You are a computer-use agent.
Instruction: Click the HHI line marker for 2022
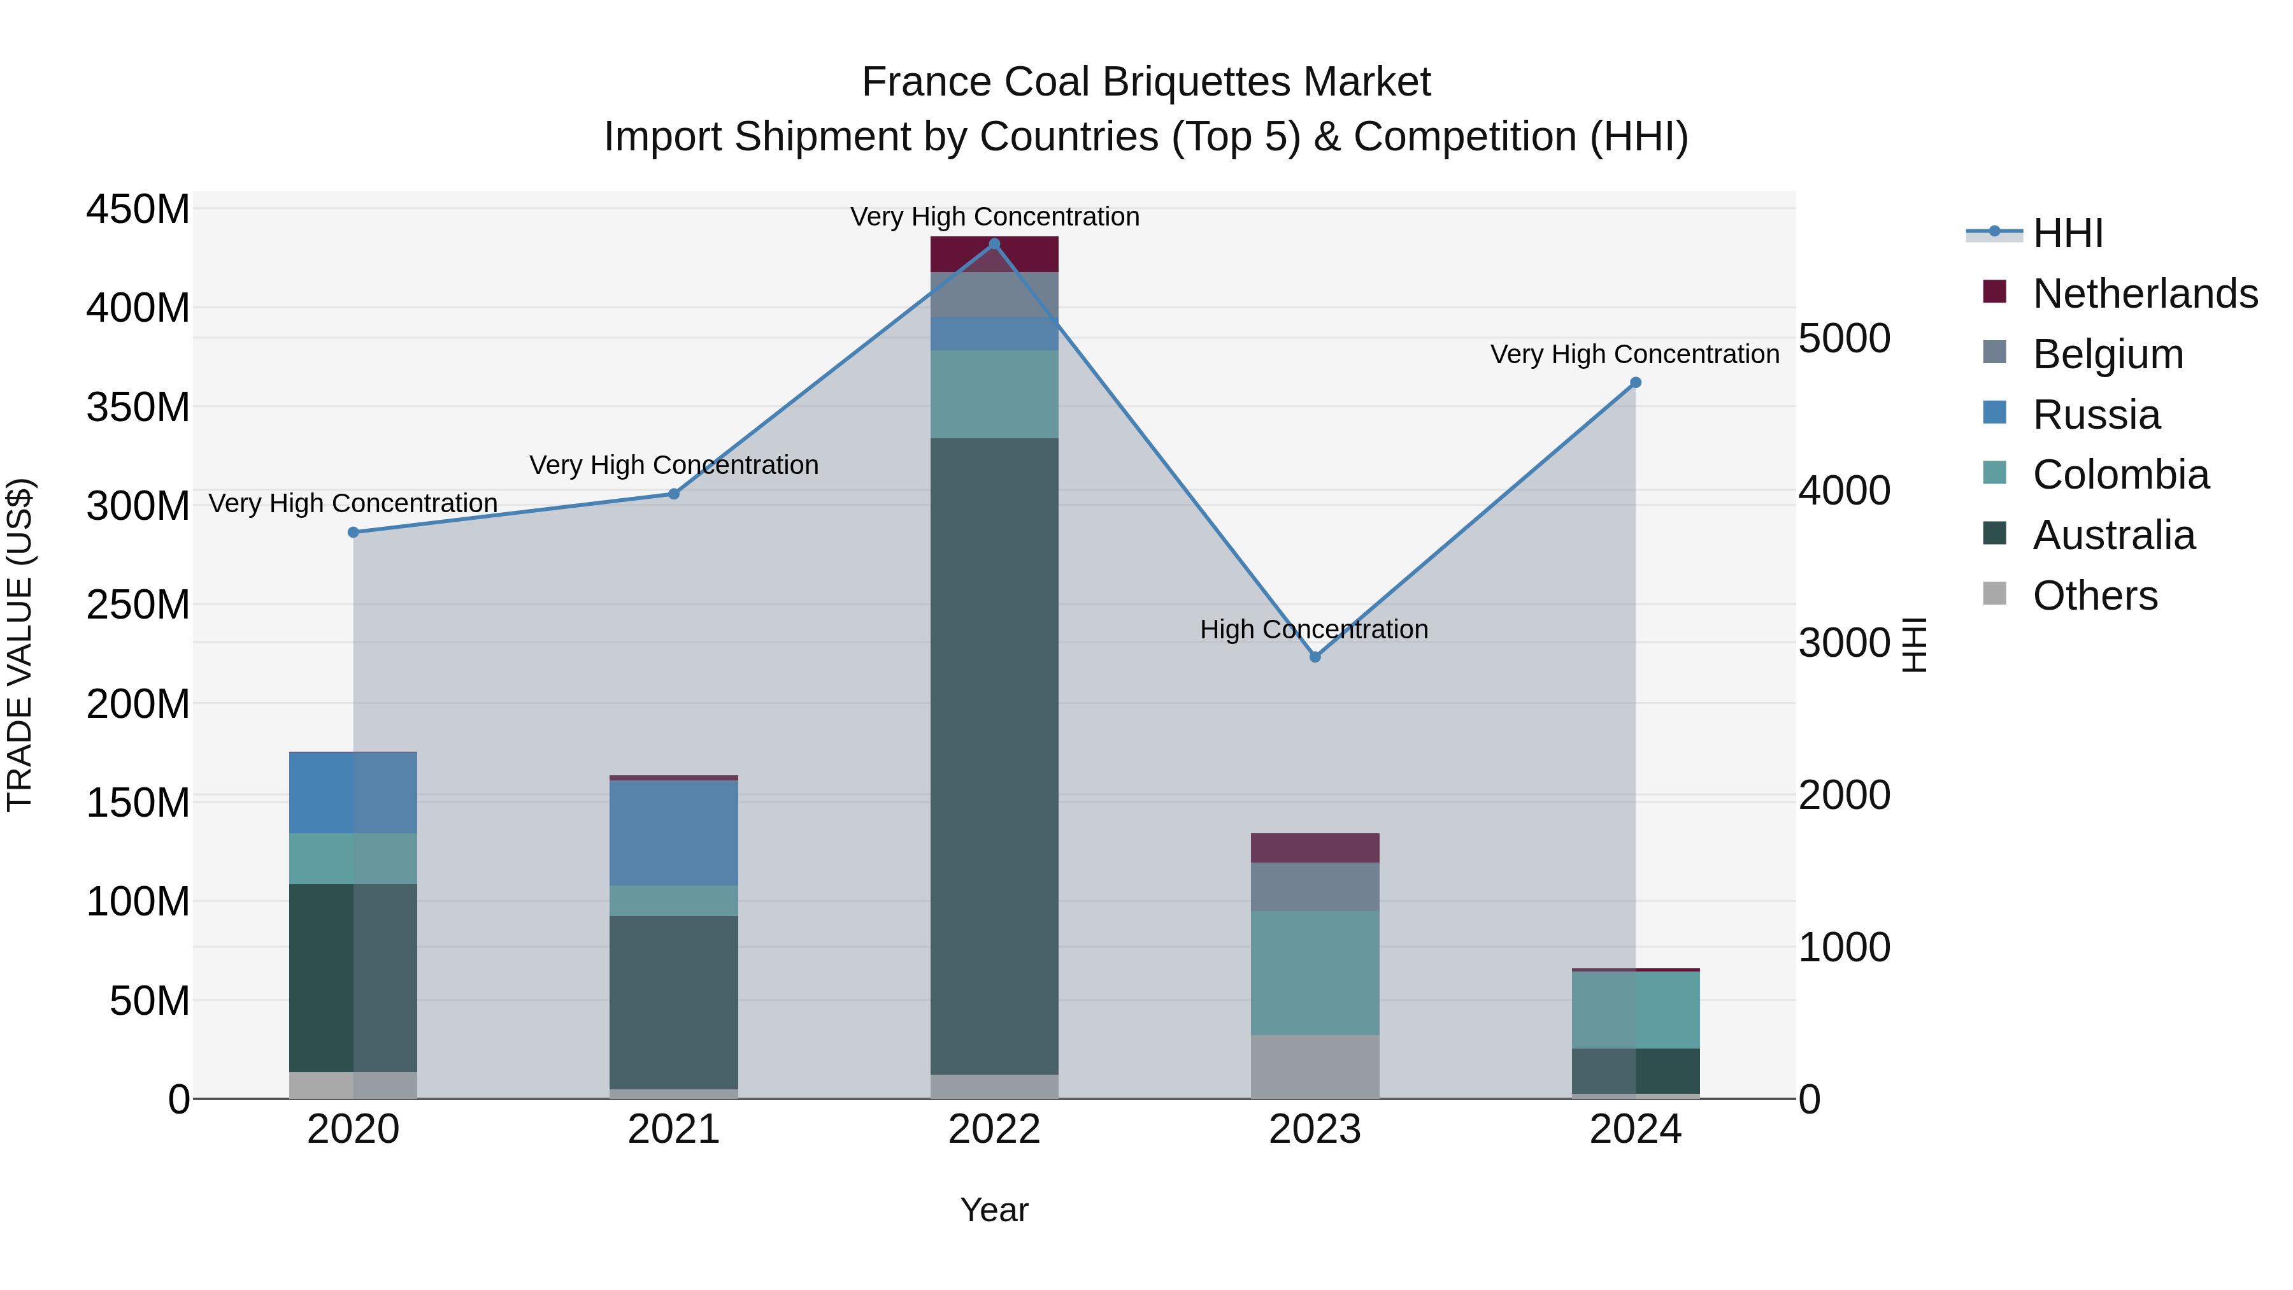tap(994, 244)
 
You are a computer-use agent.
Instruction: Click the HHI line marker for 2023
tap(1315, 657)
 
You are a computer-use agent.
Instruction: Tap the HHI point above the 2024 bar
tap(1635, 383)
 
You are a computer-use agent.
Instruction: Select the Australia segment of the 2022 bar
tap(994, 757)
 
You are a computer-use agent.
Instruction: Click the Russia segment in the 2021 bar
tap(674, 833)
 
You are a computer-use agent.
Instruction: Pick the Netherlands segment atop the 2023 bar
tap(1315, 847)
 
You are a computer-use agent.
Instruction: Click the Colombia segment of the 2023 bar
tap(1315, 972)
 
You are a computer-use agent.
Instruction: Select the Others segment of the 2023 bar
tap(1315, 1066)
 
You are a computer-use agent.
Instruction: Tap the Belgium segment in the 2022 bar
tap(994, 295)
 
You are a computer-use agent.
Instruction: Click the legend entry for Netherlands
tap(2145, 294)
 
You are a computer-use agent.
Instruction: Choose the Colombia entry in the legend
tap(2120, 475)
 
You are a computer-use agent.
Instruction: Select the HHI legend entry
tap(2067, 233)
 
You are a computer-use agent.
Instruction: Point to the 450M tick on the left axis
tap(138, 210)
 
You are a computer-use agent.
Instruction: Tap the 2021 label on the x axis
tap(674, 1129)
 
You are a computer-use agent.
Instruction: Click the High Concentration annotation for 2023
tap(1314, 629)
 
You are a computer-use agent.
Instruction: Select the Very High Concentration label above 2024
tap(1634, 354)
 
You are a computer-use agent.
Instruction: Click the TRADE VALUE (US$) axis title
tap(20, 645)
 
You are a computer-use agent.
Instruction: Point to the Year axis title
tap(994, 1210)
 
